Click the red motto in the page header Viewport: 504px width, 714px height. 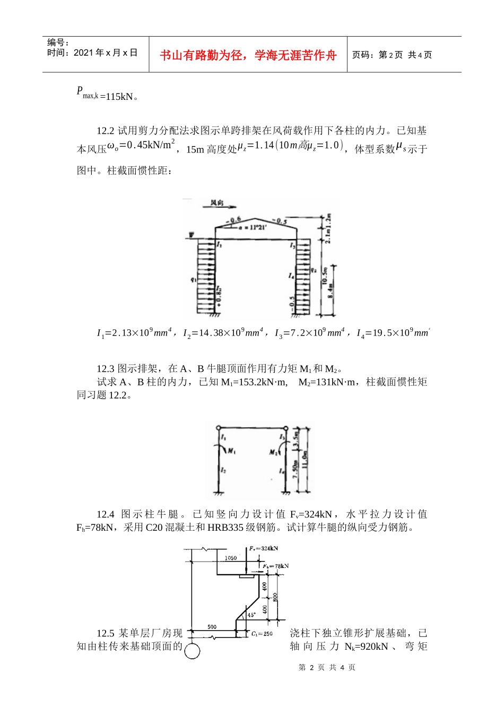point(248,55)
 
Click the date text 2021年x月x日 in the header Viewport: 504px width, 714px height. point(106,53)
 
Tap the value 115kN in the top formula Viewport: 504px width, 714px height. point(119,97)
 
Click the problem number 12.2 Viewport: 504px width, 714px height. point(105,131)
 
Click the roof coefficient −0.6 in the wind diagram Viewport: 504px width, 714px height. point(232,219)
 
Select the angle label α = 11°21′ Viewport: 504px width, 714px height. point(252,227)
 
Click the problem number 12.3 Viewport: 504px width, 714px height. point(105,369)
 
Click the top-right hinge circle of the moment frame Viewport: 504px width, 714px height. point(285,428)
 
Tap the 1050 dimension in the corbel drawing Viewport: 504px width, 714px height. point(230,558)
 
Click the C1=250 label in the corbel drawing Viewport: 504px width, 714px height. point(262,634)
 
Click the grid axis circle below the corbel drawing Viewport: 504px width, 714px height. point(192,651)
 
